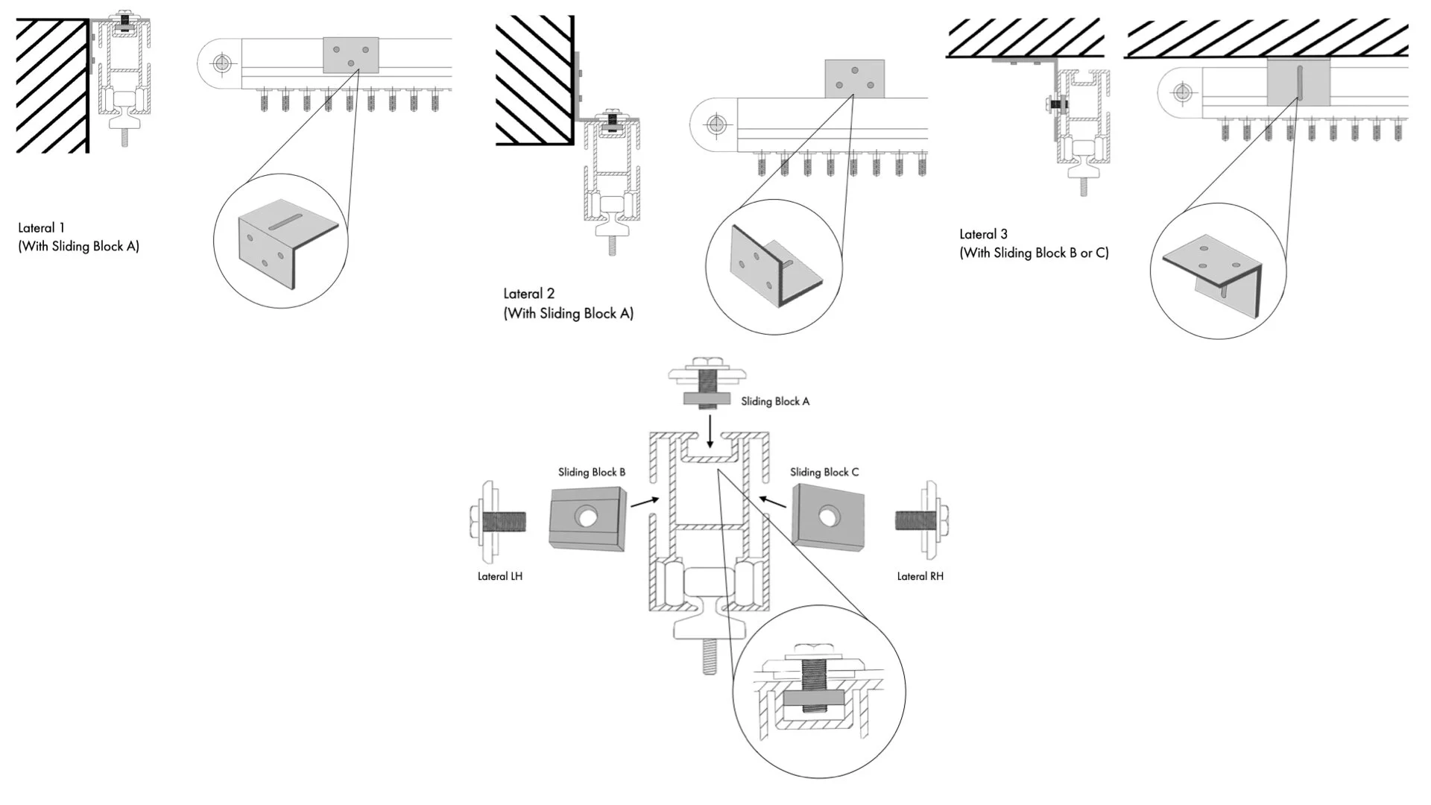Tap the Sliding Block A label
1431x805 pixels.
pyautogui.click(x=774, y=402)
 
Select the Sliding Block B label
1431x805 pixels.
pyautogui.click(x=592, y=473)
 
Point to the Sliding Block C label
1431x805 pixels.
pyautogui.click(x=824, y=473)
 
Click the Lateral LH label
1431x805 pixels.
pyautogui.click(x=500, y=576)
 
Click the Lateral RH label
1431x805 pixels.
pyautogui.click(x=920, y=576)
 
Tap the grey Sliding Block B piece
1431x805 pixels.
pyautogui.click(x=588, y=518)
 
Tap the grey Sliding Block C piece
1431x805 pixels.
pyautogui.click(x=828, y=517)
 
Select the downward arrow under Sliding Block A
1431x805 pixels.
pyautogui.click(x=710, y=432)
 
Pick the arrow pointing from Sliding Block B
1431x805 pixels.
pyautogui.click(x=645, y=502)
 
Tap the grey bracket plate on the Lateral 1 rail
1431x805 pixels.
pyautogui.click(x=351, y=55)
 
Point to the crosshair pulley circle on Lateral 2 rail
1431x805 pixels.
pyautogui.click(x=717, y=124)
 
